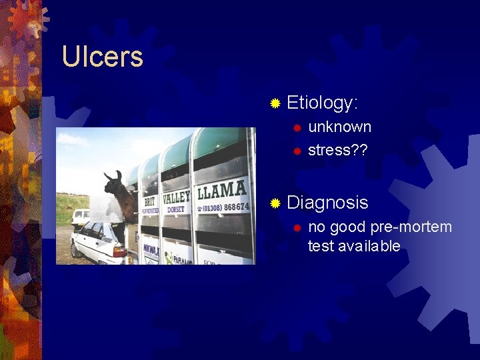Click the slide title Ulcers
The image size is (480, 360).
(x=102, y=57)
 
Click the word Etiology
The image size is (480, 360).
(x=322, y=103)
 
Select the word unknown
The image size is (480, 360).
(x=339, y=127)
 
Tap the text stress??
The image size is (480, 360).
(x=338, y=150)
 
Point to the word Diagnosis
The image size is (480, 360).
(x=327, y=203)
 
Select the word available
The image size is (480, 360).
(x=369, y=246)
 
